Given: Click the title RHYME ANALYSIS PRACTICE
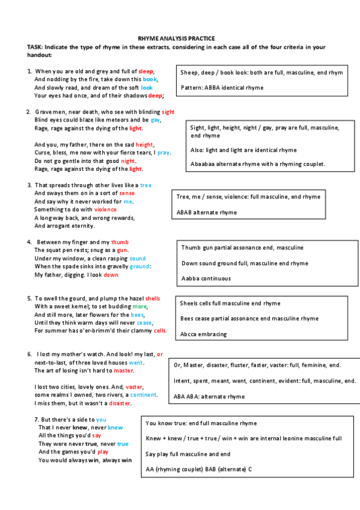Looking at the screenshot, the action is point(176,38).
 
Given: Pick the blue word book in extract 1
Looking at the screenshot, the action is point(150,79).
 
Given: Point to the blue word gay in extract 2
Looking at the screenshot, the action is point(156,120).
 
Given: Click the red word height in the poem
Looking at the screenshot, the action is point(144,145).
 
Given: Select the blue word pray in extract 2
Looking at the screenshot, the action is point(163,153).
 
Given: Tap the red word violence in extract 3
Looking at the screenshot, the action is point(105,210).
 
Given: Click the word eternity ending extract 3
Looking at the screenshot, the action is point(81,226).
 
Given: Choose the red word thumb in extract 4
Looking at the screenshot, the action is point(120,242).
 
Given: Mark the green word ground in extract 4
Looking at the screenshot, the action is point(139,266).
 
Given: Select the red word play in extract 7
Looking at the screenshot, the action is point(103,452).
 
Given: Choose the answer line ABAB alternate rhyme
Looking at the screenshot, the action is point(207,212).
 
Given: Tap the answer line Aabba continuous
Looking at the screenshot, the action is point(206,278).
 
